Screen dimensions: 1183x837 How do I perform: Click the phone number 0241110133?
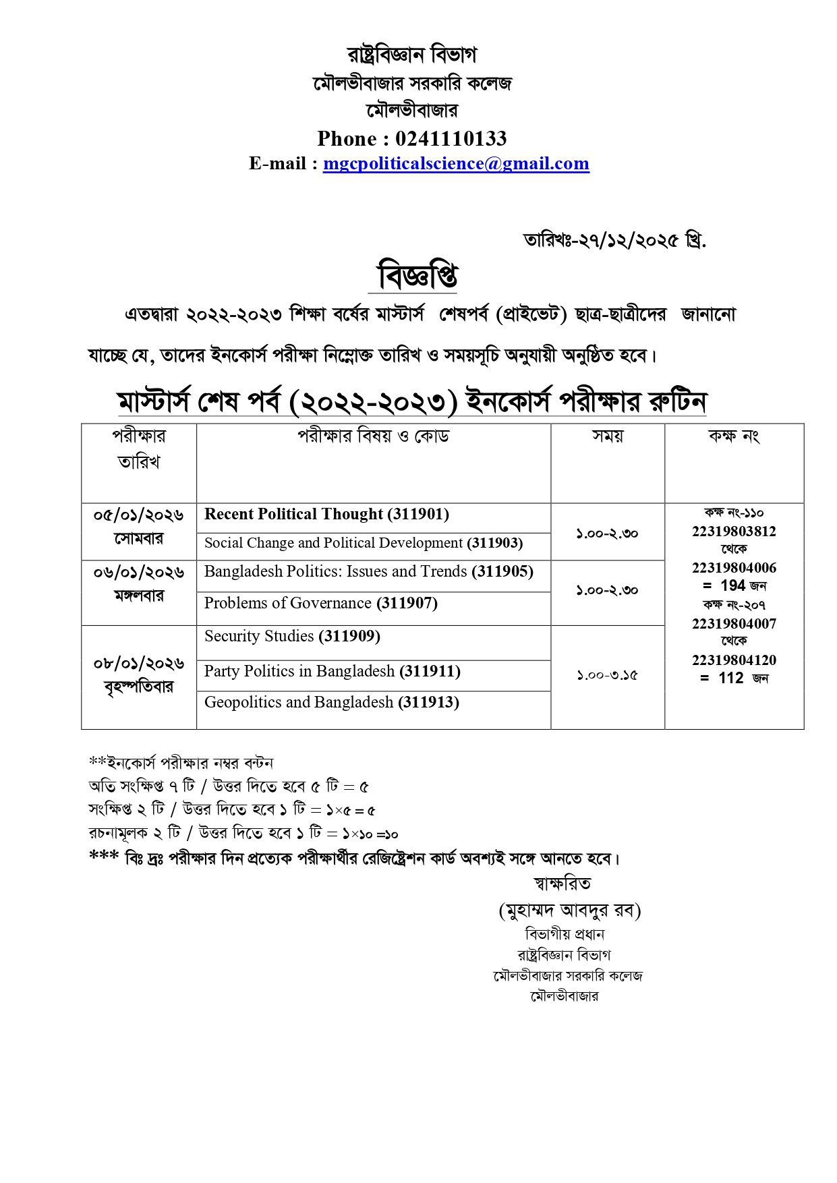pos(451,138)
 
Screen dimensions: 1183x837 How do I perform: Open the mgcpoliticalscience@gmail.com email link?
pos(456,163)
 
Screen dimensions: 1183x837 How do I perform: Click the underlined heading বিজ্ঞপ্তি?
pos(417,276)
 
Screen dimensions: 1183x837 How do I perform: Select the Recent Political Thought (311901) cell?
pos(326,515)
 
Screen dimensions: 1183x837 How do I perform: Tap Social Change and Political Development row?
pos(364,543)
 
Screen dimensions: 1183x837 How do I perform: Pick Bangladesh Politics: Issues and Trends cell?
pos(368,572)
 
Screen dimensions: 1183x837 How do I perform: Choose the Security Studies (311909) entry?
pos(292,636)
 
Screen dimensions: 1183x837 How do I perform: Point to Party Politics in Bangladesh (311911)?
pos(332,671)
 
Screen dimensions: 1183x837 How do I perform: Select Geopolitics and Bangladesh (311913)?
pos(331,702)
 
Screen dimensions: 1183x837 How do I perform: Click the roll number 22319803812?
pos(734,531)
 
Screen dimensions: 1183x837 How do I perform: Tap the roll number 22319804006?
pos(734,568)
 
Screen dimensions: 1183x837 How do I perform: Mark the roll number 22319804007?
pos(734,624)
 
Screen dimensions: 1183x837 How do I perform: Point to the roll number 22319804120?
pos(734,660)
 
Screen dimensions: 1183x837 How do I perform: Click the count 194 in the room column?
pos(732,585)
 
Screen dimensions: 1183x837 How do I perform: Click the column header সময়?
pos(608,436)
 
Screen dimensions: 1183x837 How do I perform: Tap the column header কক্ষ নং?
pos(734,436)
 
